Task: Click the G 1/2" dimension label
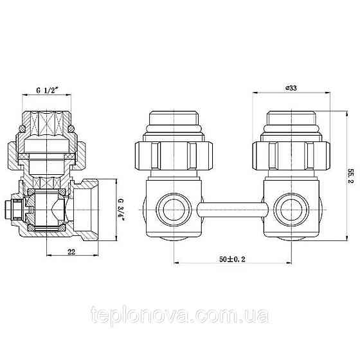pyautogui.click(x=46, y=90)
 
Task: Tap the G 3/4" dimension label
pyautogui.click(x=121, y=209)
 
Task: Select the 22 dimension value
pyautogui.click(x=71, y=252)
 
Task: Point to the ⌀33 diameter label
pyautogui.click(x=291, y=88)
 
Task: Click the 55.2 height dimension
pyautogui.click(x=351, y=175)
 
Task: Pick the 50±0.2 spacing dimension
pyautogui.click(x=232, y=259)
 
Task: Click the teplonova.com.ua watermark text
pyautogui.click(x=180, y=314)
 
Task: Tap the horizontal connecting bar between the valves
pyautogui.click(x=232, y=210)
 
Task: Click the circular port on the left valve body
pyautogui.click(x=174, y=209)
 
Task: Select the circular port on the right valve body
pyautogui.click(x=292, y=209)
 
